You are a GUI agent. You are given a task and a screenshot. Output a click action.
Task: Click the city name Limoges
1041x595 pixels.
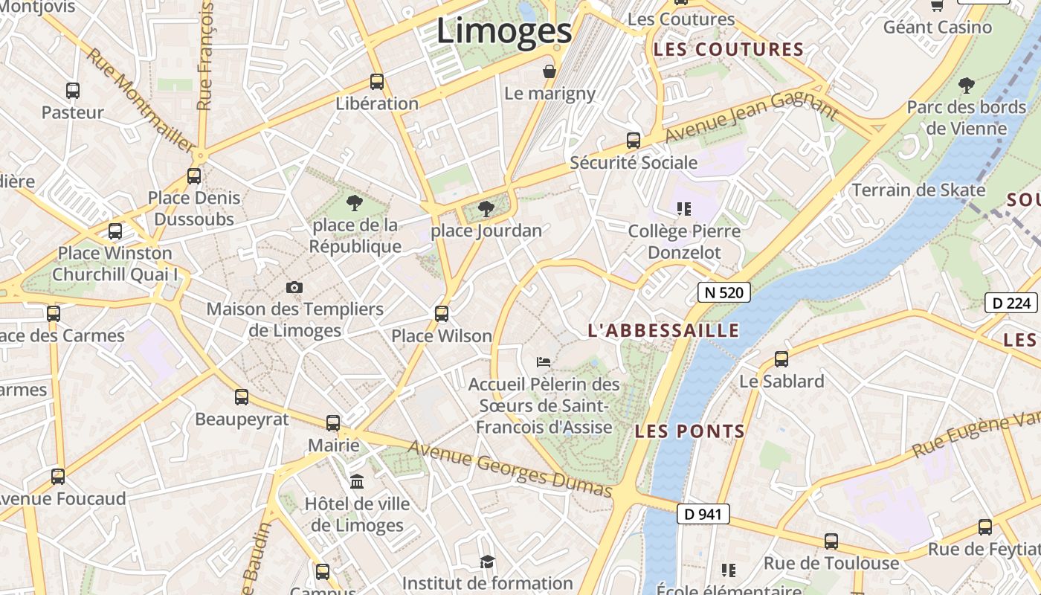(504, 31)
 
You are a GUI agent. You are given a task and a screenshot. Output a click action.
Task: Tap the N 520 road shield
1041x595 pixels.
(723, 292)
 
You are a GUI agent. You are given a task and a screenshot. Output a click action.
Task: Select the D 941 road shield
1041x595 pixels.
(703, 514)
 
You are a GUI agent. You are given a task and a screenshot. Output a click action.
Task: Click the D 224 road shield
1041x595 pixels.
(1011, 303)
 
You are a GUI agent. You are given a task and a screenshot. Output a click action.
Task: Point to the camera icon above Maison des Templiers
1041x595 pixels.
(294, 287)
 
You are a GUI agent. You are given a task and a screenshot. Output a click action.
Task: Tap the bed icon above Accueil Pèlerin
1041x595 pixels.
(544, 362)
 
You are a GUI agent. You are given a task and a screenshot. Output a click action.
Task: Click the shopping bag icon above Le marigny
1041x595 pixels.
(549, 71)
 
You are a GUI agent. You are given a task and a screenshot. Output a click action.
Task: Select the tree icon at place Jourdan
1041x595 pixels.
(486, 208)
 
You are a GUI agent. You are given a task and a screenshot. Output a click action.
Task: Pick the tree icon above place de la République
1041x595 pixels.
(355, 202)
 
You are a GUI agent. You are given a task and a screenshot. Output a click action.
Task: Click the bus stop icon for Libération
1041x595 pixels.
(377, 82)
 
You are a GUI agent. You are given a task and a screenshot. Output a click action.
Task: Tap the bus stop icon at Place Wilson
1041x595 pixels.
(442, 314)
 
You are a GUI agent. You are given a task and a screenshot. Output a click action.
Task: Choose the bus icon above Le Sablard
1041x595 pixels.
(781, 359)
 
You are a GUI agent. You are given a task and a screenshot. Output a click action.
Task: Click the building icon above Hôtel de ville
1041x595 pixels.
(357, 482)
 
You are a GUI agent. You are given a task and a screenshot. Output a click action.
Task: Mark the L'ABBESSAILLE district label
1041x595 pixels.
(663, 331)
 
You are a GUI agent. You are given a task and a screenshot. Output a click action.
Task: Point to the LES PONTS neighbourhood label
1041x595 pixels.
(690, 431)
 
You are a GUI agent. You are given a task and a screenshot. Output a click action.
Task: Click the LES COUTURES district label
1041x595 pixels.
(729, 50)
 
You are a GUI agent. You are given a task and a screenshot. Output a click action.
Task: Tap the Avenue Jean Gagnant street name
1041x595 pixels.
(751, 117)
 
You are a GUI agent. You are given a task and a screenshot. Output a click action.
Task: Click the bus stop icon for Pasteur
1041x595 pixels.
(73, 91)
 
